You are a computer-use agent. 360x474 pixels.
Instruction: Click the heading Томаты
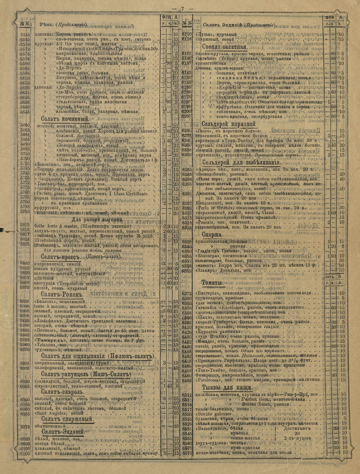pyautogui.click(x=212, y=283)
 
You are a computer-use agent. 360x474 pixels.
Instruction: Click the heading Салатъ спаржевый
pyautogui.click(x=67, y=419)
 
